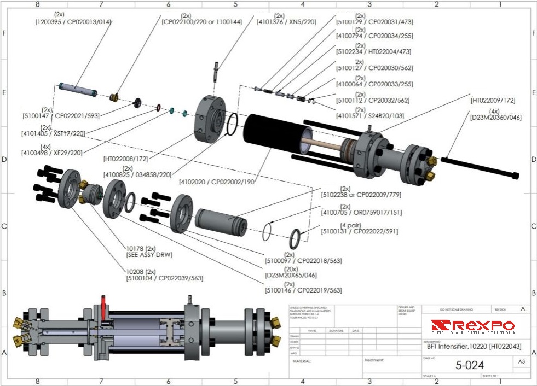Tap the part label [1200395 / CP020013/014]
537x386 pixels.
(x=73, y=21)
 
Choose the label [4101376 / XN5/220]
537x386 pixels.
(x=286, y=22)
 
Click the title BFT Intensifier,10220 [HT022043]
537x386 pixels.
(x=471, y=346)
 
